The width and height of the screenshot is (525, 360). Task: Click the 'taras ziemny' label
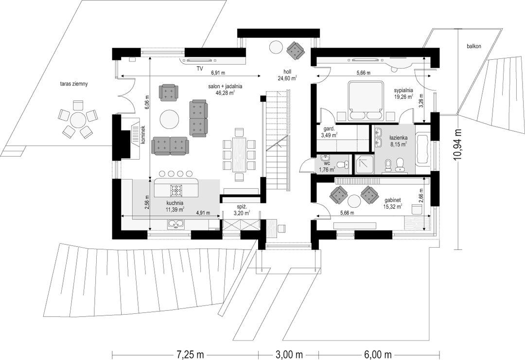point(72,84)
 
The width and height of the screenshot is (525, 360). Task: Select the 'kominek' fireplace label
point(143,135)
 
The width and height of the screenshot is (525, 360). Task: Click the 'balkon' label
point(474,46)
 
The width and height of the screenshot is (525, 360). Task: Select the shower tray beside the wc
point(364,164)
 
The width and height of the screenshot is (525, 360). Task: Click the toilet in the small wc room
point(343,164)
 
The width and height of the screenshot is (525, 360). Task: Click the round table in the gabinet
point(353,201)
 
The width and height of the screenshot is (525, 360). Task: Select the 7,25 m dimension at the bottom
point(187,354)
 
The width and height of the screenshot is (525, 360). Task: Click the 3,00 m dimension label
point(288,354)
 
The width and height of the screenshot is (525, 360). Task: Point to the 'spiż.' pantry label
point(240,207)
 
